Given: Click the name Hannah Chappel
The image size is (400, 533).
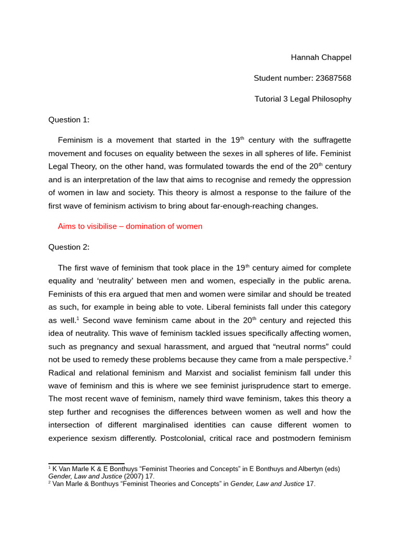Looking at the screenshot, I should click(x=321, y=57).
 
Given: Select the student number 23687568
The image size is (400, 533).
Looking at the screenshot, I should click(x=332, y=78).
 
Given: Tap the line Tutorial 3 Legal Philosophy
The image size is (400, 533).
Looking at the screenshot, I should click(x=303, y=99).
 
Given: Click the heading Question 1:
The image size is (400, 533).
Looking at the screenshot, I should click(x=69, y=120).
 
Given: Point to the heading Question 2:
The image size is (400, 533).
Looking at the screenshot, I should click(x=69, y=247).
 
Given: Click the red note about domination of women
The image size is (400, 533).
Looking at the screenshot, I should click(x=130, y=226).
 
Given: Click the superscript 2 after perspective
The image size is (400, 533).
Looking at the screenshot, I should click(x=350, y=358).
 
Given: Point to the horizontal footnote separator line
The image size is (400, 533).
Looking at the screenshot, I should click(x=86, y=463).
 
